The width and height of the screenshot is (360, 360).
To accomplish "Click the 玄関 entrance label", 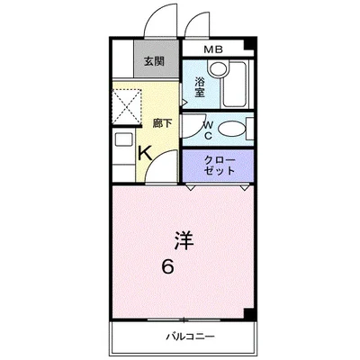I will [x=153, y=62].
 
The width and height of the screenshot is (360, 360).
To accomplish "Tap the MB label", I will [x=215, y=50].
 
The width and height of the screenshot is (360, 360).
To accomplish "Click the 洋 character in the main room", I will [x=184, y=240].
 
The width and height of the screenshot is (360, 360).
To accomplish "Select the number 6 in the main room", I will [x=167, y=267].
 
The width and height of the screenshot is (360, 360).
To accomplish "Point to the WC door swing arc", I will [x=191, y=126].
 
